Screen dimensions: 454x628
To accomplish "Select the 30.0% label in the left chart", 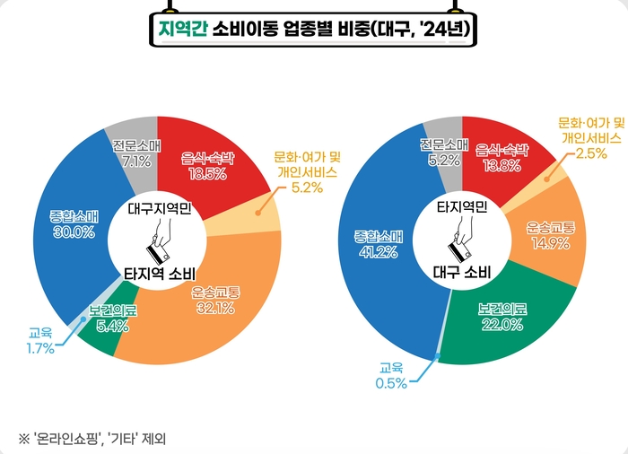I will [x=74, y=231].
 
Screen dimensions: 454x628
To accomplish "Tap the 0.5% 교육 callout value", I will [x=392, y=383].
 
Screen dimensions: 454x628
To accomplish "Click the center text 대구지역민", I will [x=159, y=212].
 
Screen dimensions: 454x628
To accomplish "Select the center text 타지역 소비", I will [x=159, y=273].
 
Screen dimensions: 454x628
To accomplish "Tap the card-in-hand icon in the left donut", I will [x=159, y=242].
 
